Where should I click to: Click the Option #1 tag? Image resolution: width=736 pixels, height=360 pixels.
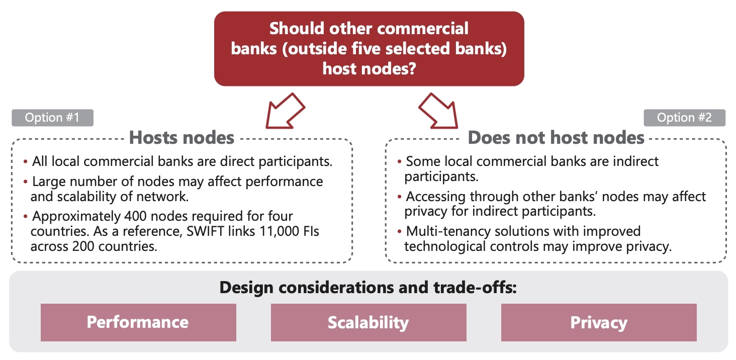click(53, 118)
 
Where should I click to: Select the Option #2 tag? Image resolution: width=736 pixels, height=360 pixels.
click(684, 118)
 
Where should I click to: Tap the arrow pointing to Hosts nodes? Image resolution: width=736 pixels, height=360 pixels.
click(285, 111)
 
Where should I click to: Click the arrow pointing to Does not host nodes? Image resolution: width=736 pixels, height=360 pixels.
click(439, 111)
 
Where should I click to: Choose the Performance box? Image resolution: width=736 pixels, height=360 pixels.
click(138, 322)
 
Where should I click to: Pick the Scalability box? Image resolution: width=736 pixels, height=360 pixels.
click(369, 322)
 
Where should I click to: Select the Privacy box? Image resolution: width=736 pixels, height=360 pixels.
click(599, 322)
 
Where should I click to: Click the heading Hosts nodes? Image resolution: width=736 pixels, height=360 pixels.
click(181, 137)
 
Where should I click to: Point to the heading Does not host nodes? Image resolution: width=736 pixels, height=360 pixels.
click(556, 137)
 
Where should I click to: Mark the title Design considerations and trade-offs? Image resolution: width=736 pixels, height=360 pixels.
click(368, 288)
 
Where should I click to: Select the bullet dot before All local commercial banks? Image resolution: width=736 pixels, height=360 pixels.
click(25, 161)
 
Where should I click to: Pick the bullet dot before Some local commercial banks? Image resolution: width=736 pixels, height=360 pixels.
click(399, 161)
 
